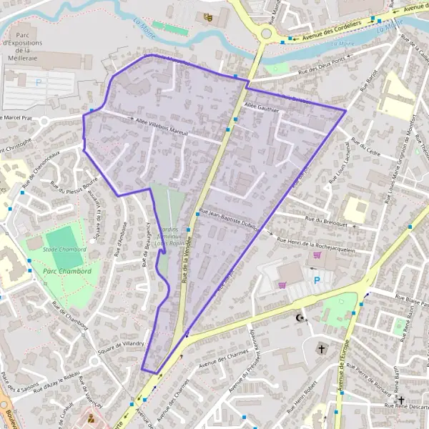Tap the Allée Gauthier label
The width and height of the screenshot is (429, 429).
(260, 107)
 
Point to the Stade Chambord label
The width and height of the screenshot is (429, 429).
(64, 250)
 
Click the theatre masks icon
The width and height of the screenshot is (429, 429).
(208, 17)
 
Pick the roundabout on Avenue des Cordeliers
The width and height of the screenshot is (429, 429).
(266, 33)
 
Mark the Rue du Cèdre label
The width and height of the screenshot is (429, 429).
(363, 152)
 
